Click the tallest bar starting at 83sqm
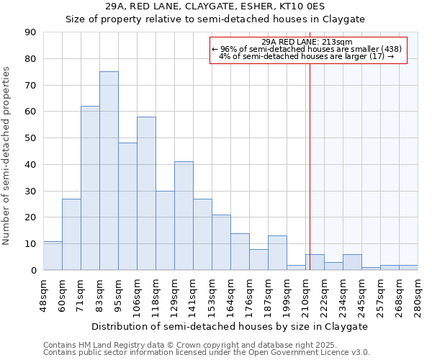click(x=109, y=171)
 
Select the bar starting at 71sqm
click(x=90, y=189)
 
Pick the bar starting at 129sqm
click(x=184, y=216)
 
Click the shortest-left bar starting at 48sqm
click(x=53, y=256)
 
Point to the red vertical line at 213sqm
click(x=310, y=166)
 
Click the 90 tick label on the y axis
click(x=30, y=32)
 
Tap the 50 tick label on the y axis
click(x=30, y=138)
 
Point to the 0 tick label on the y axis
click(x=33, y=271)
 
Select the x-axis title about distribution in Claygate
click(x=230, y=326)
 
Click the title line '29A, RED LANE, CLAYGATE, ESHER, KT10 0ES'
click(x=215, y=6)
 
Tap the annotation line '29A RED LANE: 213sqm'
click(x=307, y=42)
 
